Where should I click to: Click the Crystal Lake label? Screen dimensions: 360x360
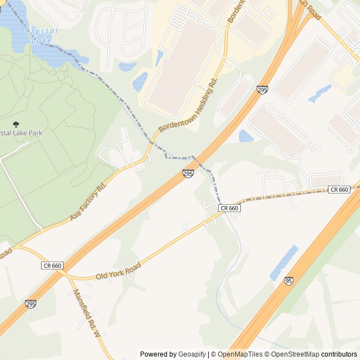pos(41,35)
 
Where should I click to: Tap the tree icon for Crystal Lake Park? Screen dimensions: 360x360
pos(15,124)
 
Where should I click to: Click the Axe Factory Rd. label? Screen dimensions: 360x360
pos(88,201)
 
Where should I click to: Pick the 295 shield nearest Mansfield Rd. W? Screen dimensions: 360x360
pos(31,304)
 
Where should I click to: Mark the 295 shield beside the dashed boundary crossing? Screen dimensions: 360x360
pos(188,174)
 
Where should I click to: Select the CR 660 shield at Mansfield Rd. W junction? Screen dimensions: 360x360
pos(52,265)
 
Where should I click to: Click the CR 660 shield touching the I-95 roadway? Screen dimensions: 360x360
pos(340,190)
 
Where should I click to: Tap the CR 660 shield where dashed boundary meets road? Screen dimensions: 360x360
pos(229,208)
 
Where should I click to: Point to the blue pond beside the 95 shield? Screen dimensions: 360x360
pos(284,263)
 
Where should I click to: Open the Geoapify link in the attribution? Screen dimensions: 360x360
pos(192,354)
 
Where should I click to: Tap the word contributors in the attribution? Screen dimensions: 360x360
pos(339,354)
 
